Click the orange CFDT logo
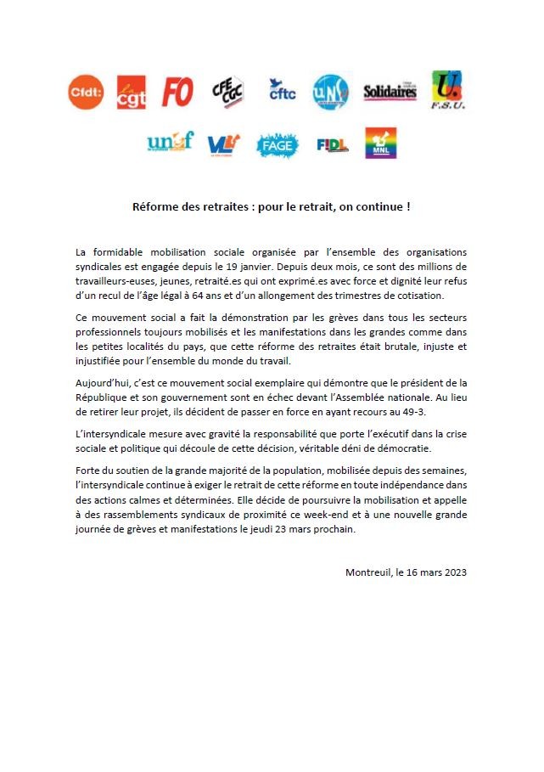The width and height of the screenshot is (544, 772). tap(86, 92)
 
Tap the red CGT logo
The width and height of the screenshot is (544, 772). tap(132, 93)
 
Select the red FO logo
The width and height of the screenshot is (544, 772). tap(177, 92)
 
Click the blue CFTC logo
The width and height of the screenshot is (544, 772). tap(282, 90)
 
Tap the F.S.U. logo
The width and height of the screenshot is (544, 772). tap(447, 90)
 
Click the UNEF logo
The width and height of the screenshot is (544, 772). tap(170, 142)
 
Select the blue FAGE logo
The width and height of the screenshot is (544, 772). tap(277, 144)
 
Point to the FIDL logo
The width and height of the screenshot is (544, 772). tap(332, 144)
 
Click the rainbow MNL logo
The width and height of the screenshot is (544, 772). tap(380, 143)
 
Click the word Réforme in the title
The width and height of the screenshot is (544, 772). tap(155, 206)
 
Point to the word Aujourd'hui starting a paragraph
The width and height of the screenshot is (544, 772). tap(103, 384)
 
